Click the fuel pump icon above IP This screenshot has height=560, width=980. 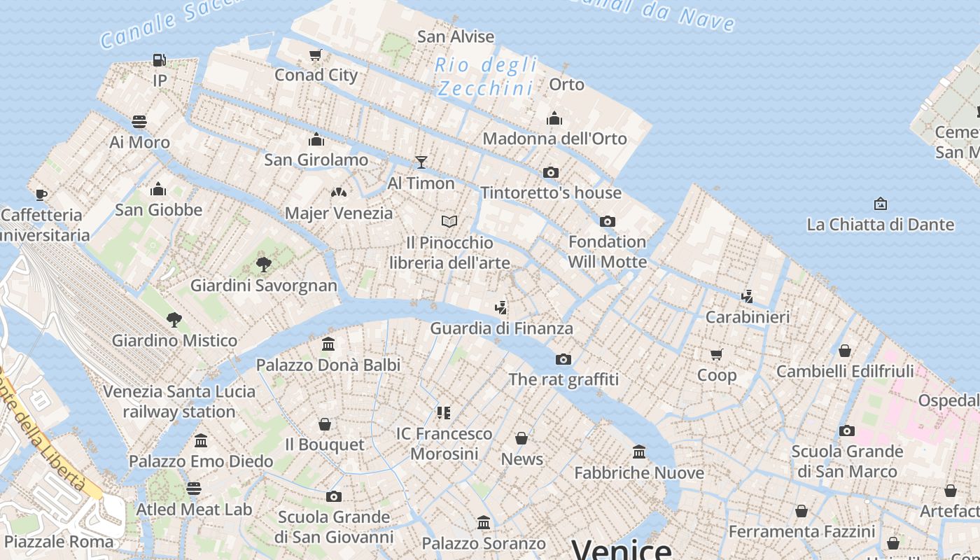click(x=160, y=61)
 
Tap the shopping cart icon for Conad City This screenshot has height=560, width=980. click(x=316, y=55)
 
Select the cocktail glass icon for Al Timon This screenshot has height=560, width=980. click(x=421, y=162)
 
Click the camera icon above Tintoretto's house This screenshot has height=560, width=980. click(x=551, y=172)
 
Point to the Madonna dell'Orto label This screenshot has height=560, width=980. click(x=554, y=139)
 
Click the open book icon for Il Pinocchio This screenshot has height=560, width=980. click(x=449, y=222)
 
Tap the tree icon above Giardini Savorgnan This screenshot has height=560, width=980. click(x=264, y=265)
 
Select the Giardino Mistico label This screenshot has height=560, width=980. click(x=174, y=341)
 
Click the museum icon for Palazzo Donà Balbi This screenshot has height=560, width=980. click(x=328, y=344)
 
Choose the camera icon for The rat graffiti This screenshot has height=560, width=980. click(x=563, y=360)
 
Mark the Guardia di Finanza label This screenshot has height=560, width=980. click(x=501, y=328)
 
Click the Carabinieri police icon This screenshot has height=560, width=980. click(x=748, y=297)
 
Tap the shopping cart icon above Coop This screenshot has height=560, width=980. click(x=716, y=354)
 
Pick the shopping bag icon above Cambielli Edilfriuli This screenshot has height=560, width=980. click(x=845, y=351)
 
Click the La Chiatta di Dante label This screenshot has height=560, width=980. click(x=880, y=225)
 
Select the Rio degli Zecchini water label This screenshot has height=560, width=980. click(x=486, y=77)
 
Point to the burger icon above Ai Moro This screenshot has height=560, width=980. click(x=139, y=122)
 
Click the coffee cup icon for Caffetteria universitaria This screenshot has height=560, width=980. click(x=41, y=195)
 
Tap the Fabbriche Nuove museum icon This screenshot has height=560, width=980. click(x=639, y=452)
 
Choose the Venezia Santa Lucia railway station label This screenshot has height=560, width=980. click(x=179, y=401)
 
